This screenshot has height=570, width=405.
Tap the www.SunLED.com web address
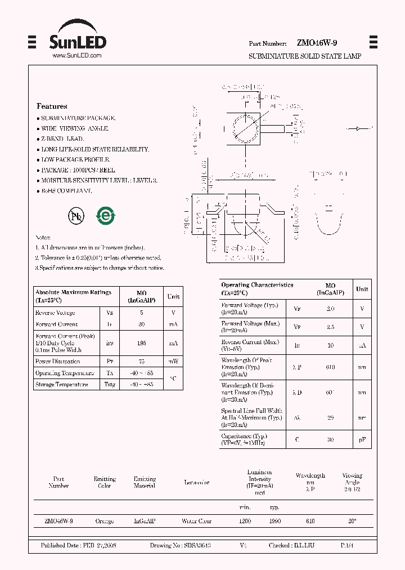click(x=76, y=56)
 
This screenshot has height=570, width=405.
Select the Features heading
click(x=52, y=106)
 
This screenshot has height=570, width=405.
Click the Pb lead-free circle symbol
click(x=75, y=216)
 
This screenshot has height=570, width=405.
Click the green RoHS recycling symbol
click(x=105, y=216)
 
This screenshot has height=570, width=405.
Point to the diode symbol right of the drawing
click(x=358, y=129)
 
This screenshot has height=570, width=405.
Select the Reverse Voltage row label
click(x=55, y=313)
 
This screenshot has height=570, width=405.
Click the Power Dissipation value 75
click(x=141, y=362)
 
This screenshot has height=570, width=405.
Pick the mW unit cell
click(x=173, y=362)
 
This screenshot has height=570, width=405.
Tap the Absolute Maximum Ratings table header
click(x=73, y=296)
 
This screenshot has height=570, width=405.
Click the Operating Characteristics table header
click(x=257, y=289)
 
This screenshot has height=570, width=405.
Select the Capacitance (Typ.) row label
click(x=245, y=439)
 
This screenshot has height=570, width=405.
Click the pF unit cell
click(x=362, y=439)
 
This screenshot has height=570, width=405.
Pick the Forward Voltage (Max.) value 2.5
click(x=330, y=327)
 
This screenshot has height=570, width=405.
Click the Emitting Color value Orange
click(x=105, y=522)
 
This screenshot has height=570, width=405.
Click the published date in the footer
click(x=78, y=546)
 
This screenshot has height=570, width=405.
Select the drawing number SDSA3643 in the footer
click(x=196, y=546)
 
